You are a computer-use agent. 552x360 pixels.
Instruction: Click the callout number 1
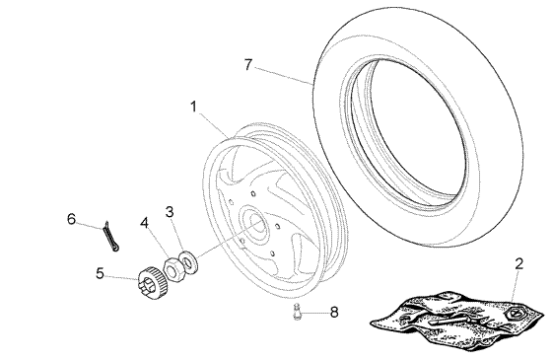coord(193,107)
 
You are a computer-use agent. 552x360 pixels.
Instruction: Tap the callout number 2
coord(518,264)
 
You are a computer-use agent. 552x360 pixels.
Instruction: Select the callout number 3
coord(170,212)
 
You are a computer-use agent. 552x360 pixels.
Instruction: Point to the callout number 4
coord(144,223)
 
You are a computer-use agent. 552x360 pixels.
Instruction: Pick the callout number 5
coord(100,273)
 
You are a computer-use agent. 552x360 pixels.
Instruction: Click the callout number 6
coord(71,219)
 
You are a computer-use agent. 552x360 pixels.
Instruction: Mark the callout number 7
coord(248,64)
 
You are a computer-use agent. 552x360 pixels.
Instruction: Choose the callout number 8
coord(334,313)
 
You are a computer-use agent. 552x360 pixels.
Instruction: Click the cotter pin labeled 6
coord(111,236)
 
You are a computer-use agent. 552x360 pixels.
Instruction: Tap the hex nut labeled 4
coord(172,269)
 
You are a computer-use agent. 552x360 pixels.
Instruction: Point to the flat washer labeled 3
coord(188,262)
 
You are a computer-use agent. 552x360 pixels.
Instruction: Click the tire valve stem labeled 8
coord(297,312)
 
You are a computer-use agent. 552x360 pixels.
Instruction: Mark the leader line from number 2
coord(515,287)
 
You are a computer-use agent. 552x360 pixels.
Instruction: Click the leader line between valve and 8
coord(314,313)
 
